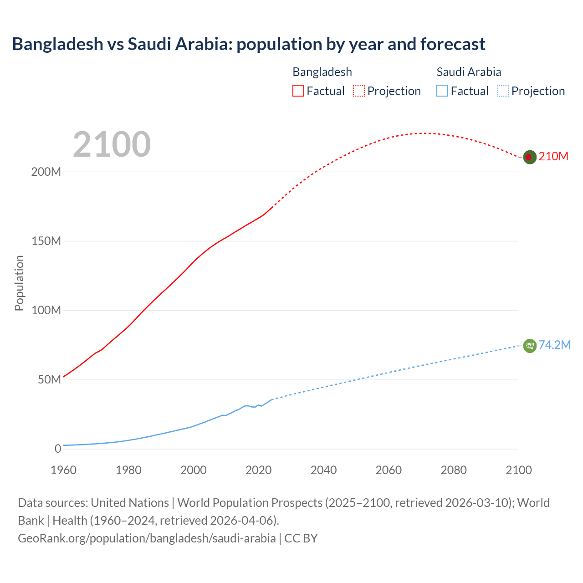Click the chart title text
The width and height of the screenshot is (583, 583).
pyautogui.click(x=249, y=44)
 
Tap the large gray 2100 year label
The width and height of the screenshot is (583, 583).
pyautogui.click(x=112, y=144)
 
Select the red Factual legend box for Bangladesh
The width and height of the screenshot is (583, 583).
pyautogui.click(x=298, y=91)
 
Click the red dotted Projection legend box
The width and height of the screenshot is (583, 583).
pyautogui.click(x=359, y=91)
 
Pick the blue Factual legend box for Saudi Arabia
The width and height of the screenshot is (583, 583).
pyautogui.click(x=442, y=91)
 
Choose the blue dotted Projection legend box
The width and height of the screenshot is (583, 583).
pyautogui.click(x=503, y=91)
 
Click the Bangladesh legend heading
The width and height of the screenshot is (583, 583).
pyautogui.click(x=322, y=72)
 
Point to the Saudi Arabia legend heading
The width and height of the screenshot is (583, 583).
pyautogui.click(x=469, y=72)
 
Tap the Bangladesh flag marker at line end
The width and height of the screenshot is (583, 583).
pyautogui.click(x=529, y=157)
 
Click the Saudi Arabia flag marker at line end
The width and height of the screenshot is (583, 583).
pyautogui.click(x=529, y=346)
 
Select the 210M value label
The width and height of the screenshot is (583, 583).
pyautogui.click(x=553, y=157)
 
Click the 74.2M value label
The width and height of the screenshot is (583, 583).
pyautogui.click(x=554, y=345)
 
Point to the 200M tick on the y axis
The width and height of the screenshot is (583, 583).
pyautogui.click(x=46, y=172)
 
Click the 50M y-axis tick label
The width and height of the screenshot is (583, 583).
pyautogui.click(x=49, y=380)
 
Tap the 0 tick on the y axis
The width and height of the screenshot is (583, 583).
pyautogui.click(x=58, y=449)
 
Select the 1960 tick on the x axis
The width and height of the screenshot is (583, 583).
pyautogui.click(x=63, y=470)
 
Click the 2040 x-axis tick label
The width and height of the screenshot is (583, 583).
pyautogui.click(x=323, y=470)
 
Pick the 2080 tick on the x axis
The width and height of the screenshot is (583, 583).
pyautogui.click(x=454, y=470)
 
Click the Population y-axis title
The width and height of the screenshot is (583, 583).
pyautogui.click(x=19, y=283)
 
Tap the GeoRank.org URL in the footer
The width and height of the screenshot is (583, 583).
pyautogui.click(x=147, y=538)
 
